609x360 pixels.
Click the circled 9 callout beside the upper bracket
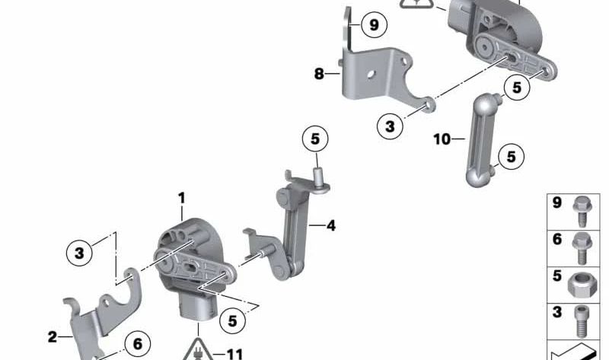pyautogui.click(x=374, y=25)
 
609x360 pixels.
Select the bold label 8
pyautogui.click(x=319, y=73)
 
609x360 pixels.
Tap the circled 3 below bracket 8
pyautogui.click(x=390, y=126)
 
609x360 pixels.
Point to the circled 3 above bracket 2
pyautogui.click(x=79, y=253)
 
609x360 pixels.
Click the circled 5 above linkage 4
pyautogui.click(x=315, y=139)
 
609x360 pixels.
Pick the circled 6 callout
pyautogui.click(x=138, y=344)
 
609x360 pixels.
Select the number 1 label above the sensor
pyautogui.click(x=181, y=199)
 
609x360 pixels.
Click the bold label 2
pyautogui.click(x=53, y=336)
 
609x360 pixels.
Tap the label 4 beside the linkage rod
pyautogui.click(x=331, y=225)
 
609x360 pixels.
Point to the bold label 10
pyautogui.click(x=442, y=139)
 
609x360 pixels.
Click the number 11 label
pyautogui.click(x=234, y=354)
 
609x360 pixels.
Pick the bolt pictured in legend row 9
pyautogui.click(x=582, y=211)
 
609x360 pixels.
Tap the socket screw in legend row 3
pyautogui.click(x=581, y=321)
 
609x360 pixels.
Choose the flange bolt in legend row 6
pyautogui.click(x=582, y=249)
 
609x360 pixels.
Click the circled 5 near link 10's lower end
pyautogui.click(x=511, y=157)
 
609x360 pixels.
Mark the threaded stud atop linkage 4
pyautogui.click(x=319, y=177)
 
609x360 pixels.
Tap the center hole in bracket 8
pyautogui.click(x=371, y=73)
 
